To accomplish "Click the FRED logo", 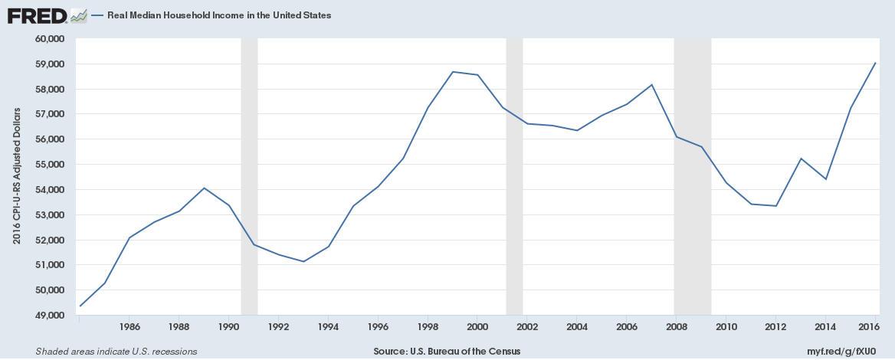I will (x=37, y=15).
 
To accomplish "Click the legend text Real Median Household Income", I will (x=219, y=15).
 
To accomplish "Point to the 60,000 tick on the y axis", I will (x=52, y=39).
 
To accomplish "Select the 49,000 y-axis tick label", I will (x=52, y=316).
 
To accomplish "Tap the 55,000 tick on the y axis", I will (x=52, y=165).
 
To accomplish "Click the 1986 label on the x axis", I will (x=129, y=327).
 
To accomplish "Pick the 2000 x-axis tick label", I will (x=477, y=327).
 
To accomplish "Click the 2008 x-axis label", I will (x=676, y=327).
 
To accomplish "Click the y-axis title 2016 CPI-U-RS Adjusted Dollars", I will (x=16, y=177).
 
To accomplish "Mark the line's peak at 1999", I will (x=453, y=72).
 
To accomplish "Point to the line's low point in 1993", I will (x=303, y=261).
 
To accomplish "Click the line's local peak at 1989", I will (x=204, y=188).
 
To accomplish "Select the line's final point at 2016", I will (x=875, y=63).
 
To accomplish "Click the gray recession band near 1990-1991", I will (x=249, y=176).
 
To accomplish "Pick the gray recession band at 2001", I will (x=514, y=176).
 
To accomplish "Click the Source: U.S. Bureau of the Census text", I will (x=447, y=352).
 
